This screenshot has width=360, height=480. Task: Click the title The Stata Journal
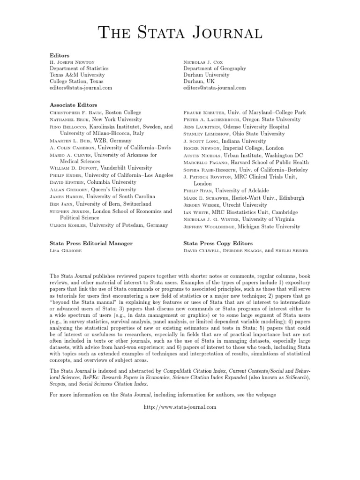180,33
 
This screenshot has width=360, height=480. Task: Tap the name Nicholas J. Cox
202,62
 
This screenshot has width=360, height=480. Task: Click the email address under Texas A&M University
81,88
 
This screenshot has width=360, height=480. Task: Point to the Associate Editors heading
74,105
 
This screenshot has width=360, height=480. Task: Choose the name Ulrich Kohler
68,225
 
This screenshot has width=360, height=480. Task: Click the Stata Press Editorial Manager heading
91,243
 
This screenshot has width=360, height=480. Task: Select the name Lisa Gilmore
65,251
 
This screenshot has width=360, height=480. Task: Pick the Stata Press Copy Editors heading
218,243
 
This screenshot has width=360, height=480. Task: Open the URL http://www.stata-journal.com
180,407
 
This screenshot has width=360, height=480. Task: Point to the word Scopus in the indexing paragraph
58,384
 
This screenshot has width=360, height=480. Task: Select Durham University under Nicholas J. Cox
206,75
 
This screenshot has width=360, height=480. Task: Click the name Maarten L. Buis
68,141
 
